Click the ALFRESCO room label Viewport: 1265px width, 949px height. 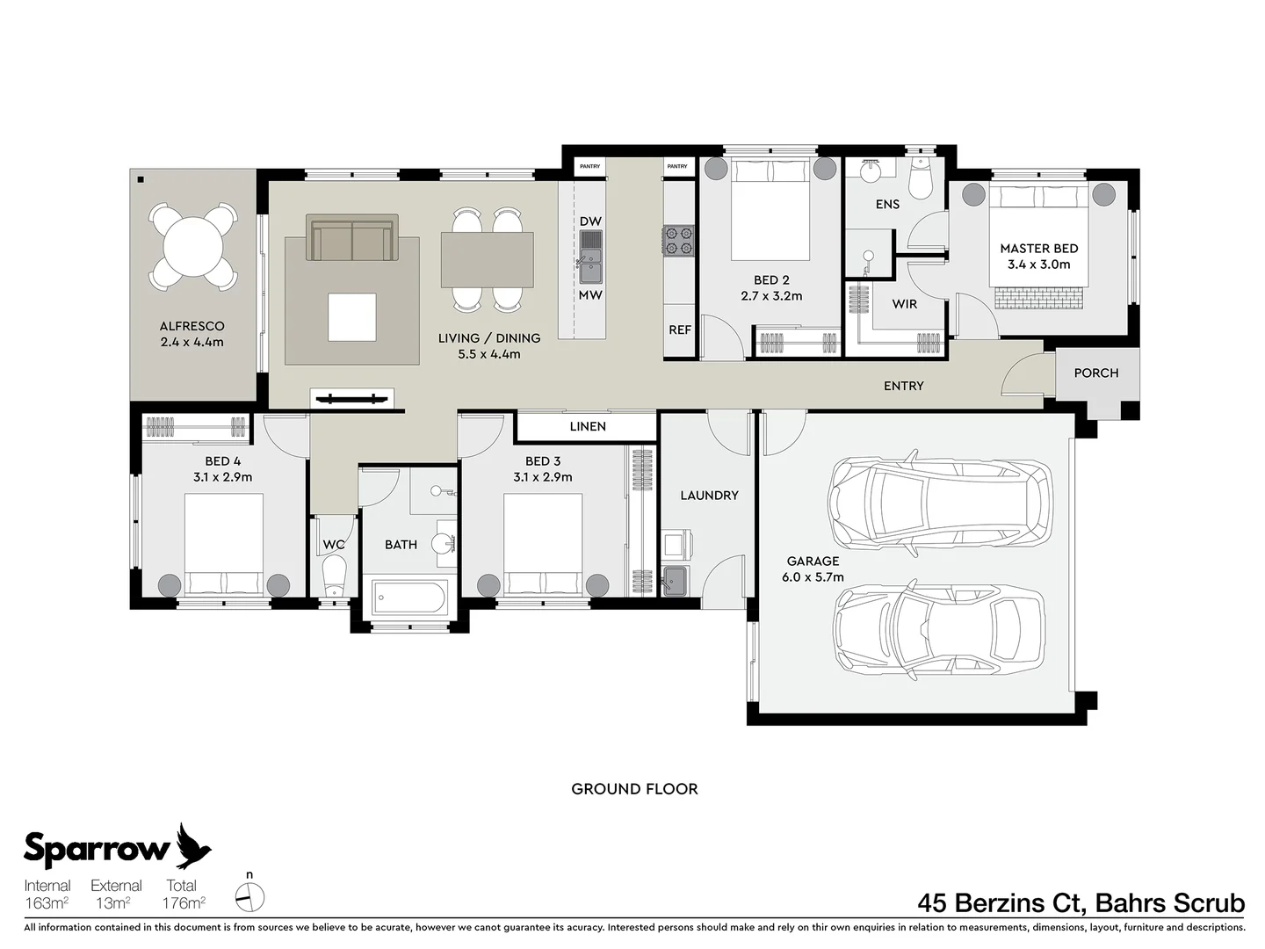192,326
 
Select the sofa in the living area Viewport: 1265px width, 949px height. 352,237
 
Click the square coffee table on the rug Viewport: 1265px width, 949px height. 352,317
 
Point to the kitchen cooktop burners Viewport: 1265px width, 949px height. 678,241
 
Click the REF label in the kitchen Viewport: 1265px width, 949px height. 680,330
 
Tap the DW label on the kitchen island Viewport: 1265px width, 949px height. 590,221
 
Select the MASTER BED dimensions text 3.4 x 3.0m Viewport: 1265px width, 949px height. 1038,264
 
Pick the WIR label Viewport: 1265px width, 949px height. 904,304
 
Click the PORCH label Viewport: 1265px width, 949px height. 1096,373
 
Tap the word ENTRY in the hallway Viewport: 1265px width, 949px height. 904,386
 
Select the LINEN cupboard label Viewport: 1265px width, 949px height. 588,426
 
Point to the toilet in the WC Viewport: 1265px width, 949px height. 334,574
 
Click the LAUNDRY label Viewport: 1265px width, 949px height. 709,496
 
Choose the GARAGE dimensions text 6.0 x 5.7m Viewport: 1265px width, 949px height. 813,576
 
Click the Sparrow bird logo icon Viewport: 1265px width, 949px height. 193,845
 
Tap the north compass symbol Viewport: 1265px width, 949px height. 249,897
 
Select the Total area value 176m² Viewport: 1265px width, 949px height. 184,902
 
